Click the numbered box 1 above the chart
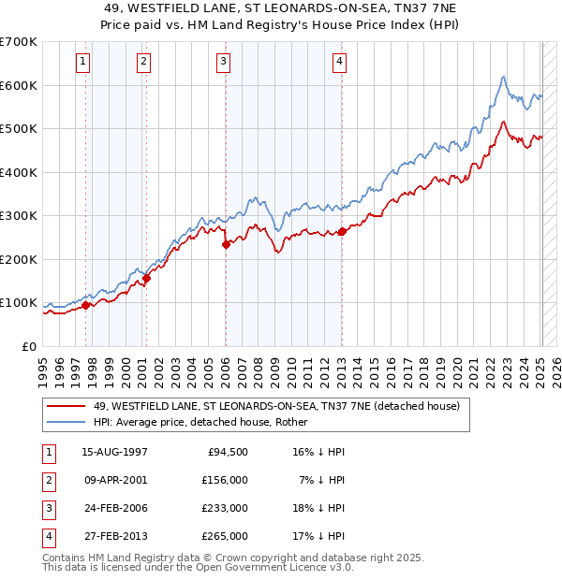pos(83,63)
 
